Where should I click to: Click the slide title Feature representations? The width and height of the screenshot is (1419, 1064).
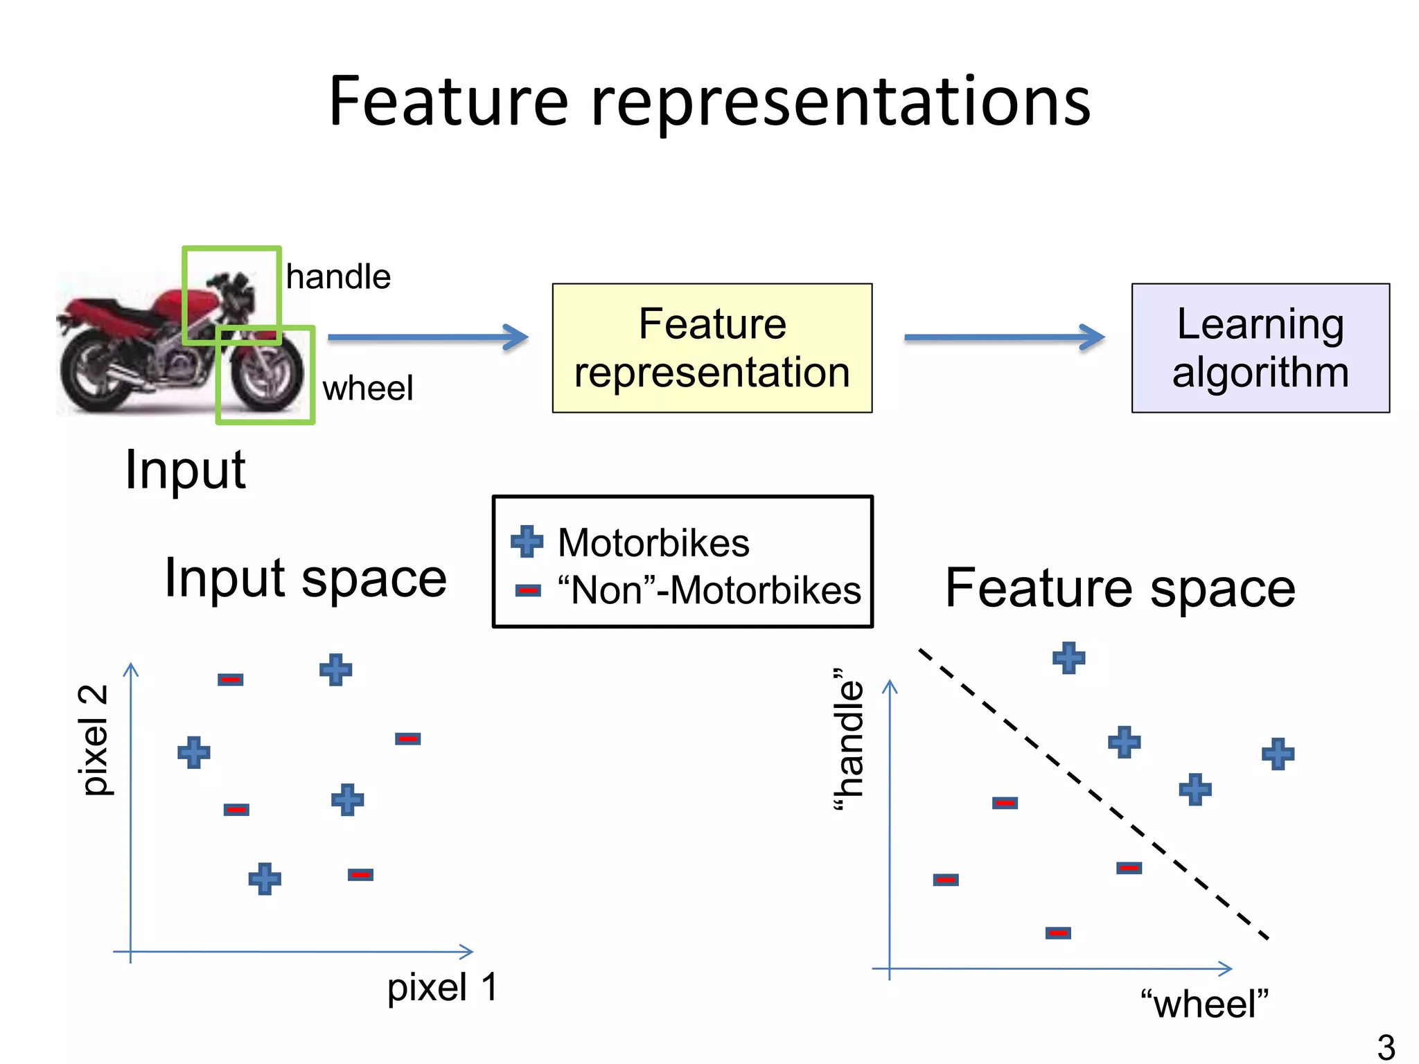[709, 102]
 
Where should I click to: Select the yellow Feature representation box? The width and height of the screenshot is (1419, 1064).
[712, 348]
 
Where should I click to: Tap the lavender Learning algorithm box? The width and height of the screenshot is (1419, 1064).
[1260, 348]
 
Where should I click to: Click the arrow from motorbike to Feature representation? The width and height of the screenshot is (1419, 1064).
[428, 337]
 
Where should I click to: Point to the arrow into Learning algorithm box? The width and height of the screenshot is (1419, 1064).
[1004, 337]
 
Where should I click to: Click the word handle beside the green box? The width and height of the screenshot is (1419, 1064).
[338, 277]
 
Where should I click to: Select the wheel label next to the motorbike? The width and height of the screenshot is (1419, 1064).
[367, 388]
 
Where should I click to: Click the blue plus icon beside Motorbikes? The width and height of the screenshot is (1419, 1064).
[527, 542]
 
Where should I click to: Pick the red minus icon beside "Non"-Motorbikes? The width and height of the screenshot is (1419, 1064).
[527, 591]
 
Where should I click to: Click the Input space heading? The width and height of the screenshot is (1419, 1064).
[306, 578]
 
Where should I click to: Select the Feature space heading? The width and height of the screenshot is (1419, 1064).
[1120, 588]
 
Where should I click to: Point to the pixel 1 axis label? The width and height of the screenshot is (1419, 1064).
[442, 987]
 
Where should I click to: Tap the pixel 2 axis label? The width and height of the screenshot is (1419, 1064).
[94, 740]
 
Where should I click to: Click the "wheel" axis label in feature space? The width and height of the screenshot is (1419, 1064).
[1204, 1004]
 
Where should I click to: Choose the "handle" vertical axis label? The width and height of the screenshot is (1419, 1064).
[849, 739]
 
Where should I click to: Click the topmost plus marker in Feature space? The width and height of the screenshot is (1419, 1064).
[1068, 658]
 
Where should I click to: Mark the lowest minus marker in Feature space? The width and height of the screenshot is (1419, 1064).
[1057, 933]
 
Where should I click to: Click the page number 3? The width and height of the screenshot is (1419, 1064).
[1386, 1047]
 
